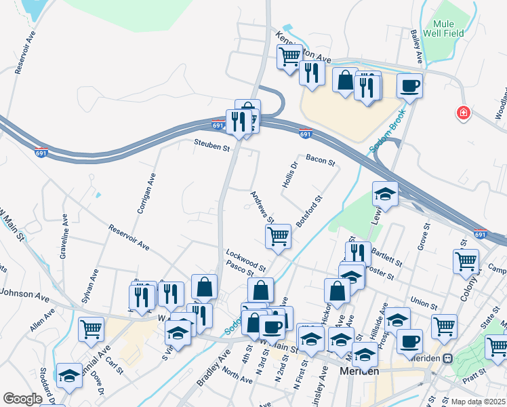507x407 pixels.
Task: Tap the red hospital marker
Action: point(464,113)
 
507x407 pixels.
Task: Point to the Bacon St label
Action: point(321,160)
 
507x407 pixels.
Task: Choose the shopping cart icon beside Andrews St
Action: point(278,237)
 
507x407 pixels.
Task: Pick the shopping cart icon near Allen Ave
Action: point(91,329)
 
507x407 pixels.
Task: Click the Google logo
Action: point(22,398)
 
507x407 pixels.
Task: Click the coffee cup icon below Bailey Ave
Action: point(409,85)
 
